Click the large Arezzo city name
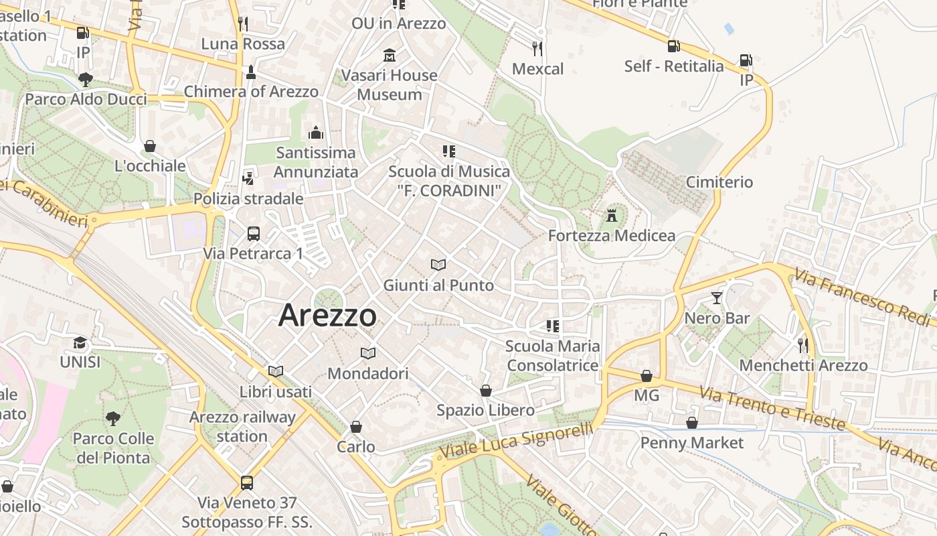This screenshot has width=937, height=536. (x=327, y=315)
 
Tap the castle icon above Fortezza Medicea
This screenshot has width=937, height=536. (x=611, y=216)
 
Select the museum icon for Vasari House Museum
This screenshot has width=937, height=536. (x=389, y=55)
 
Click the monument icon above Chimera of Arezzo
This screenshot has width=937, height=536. (x=251, y=71)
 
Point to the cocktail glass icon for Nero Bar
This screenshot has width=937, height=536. (x=717, y=298)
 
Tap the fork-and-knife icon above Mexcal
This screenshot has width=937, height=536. (x=537, y=48)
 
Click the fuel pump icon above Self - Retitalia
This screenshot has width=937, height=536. (x=673, y=46)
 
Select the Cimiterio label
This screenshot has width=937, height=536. (x=719, y=182)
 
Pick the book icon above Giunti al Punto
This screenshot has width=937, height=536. (x=438, y=265)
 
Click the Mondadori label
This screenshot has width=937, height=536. (x=367, y=373)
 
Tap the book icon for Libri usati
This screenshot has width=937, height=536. (x=275, y=371)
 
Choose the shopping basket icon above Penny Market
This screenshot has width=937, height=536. (x=692, y=423)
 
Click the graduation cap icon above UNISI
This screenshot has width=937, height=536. (x=80, y=342)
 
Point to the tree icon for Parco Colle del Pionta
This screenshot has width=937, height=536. (x=113, y=419)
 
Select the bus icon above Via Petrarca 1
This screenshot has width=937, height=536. (x=254, y=234)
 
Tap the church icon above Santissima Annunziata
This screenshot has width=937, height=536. (x=316, y=133)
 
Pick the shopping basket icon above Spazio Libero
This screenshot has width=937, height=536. (x=486, y=390)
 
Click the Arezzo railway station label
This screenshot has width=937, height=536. (x=242, y=427)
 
